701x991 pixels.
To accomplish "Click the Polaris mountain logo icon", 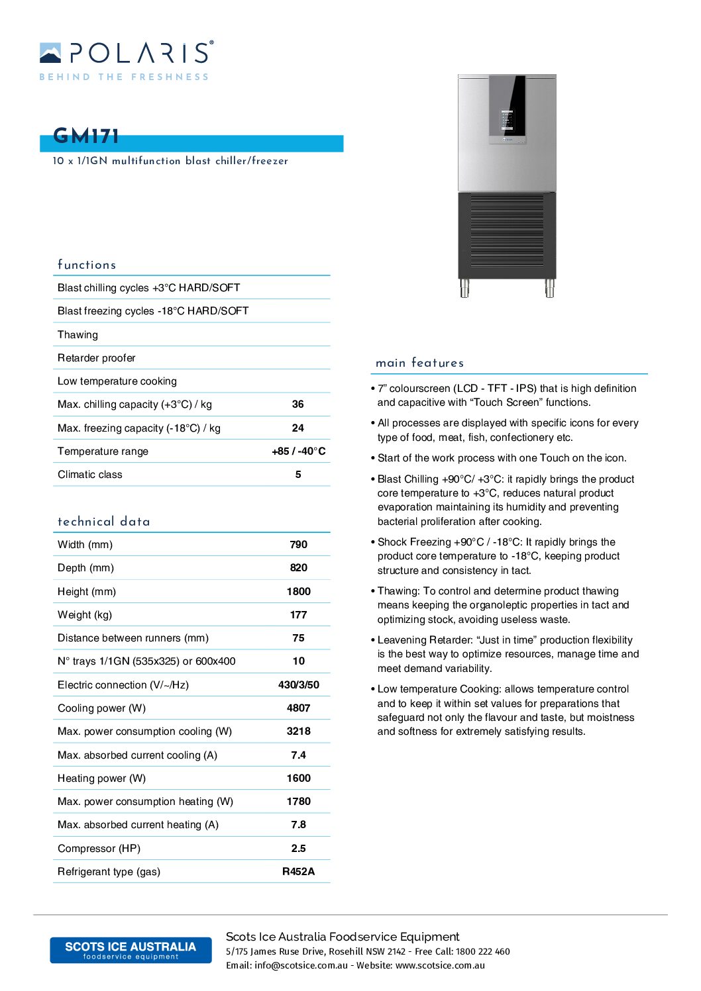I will click(50, 53).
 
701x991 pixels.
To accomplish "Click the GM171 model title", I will click(86, 136).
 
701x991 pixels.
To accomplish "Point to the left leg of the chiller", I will click(465, 288).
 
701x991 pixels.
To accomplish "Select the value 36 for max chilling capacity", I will click(298, 404).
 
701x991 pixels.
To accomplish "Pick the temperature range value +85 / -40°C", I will click(298, 451).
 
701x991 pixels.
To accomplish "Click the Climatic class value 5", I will click(298, 475).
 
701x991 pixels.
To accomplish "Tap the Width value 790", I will click(298, 545).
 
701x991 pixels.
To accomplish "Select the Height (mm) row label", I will click(87, 592).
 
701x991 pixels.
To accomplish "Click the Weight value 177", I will click(298, 615).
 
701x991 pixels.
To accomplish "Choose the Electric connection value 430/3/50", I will click(298, 685).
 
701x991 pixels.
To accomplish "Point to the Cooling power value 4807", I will click(298, 708).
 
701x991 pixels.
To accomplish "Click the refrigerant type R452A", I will click(298, 872).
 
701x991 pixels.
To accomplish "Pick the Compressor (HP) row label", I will click(99, 849).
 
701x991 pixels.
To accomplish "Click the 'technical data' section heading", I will click(104, 522).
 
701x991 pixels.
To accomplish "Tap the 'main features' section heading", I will click(419, 363).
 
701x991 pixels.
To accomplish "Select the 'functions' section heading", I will click(87, 265).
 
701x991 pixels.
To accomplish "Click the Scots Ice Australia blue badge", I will click(131, 950).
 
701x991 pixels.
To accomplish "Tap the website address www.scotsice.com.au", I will click(440, 966).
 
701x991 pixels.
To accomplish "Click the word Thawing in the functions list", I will click(78, 335).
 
